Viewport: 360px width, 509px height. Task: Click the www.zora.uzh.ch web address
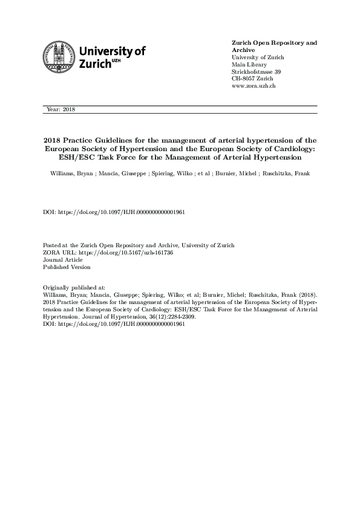point(254,86)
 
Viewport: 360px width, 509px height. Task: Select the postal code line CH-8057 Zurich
point(252,79)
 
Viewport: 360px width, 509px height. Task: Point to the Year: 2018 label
point(60,109)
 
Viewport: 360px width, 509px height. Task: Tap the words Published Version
point(67,267)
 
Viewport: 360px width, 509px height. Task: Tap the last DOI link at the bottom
point(114,323)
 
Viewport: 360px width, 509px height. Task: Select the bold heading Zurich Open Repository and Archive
point(274,47)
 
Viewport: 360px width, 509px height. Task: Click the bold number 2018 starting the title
point(53,138)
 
